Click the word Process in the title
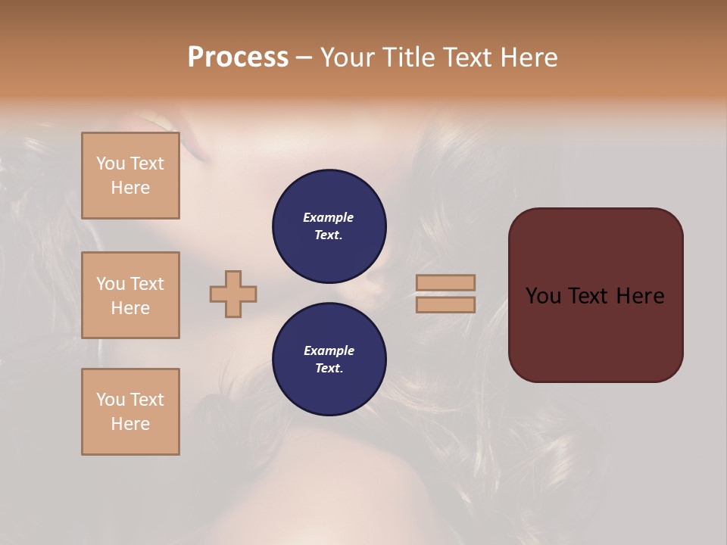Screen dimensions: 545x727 click(238, 58)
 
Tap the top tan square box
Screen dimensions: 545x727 click(130, 176)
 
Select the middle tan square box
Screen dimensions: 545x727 click(130, 295)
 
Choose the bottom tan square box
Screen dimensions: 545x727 click(130, 412)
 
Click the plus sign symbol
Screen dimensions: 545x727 click(233, 294)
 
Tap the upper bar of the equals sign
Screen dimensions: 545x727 click(445, 282)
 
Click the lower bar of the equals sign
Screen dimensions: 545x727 click(445, 304)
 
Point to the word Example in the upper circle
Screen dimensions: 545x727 click(329, 217)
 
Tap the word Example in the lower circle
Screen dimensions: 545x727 click(329, 350)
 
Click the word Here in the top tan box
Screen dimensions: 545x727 click(130, 188)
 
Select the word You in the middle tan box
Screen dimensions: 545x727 click(110, 284)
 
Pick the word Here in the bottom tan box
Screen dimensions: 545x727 click(130, 424)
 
